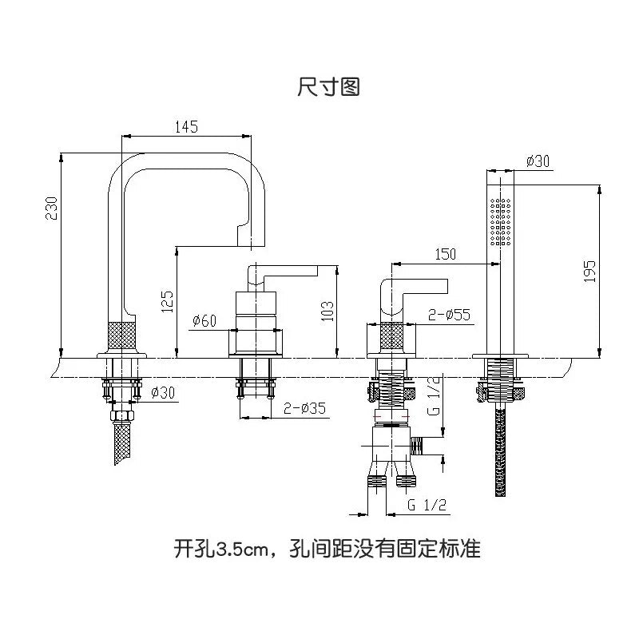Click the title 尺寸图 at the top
point(328,87)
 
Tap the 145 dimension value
point(185,126)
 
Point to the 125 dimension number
point(167,302)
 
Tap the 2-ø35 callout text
point(304,409)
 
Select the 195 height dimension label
point(590,272)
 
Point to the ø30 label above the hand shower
point(538,161)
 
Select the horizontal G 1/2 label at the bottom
point(426,505)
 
